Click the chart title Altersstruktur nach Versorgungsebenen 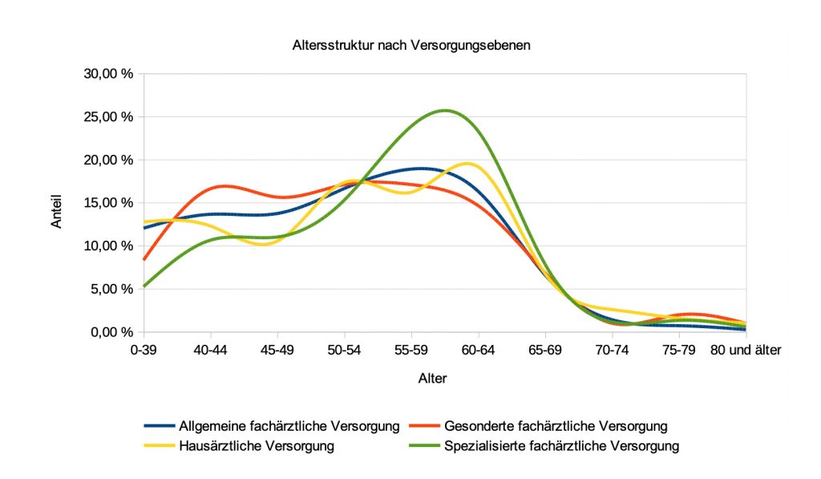pyautogui.click(x=410, y=46)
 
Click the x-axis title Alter pyautogui.click(x=432, y=378)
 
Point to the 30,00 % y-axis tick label pyautogui.click(x=109, y=74)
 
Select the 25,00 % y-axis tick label pyautogui.click(x=109, y=117)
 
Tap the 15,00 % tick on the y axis pyautogui.click(x=109, y=203)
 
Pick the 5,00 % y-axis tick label pyautogui.click(x=112, y=289)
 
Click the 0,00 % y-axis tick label pyautogui.click(x=112, y=332)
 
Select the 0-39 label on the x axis pyautogui.click(x=144, y=350)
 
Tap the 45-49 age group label pyautogui.click(x=277, y=350)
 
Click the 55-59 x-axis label pyautogui.click(x=411, y=350)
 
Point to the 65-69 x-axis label pyautogui.click(x=545, y=350)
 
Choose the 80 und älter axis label pyautogui.click(x=745, y=350)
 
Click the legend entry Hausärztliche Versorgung pyautogui.click(x=257, y=445)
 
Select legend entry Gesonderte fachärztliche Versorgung pyautogui.click(x=555, y=425)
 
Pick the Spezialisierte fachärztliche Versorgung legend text pyautogui.click(x=561, y=445)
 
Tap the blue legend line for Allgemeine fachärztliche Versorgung pyautogui.click(x=159, y=425)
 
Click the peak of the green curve pyautogui.click(x=445, y=110)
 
